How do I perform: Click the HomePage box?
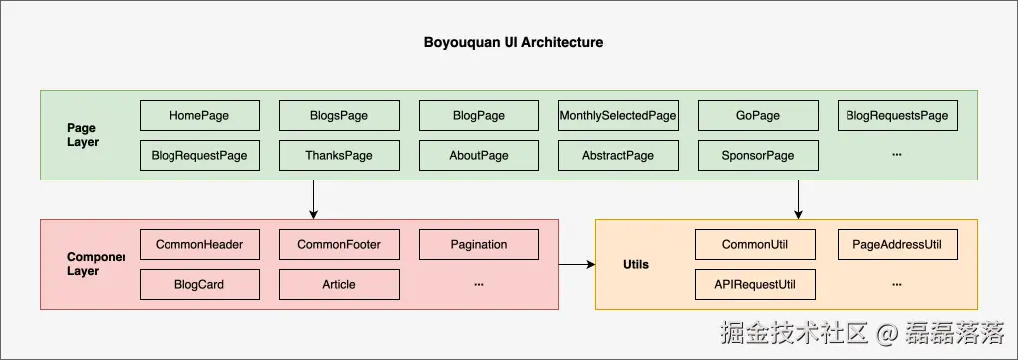[x=199, y=116]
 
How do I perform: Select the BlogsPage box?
[x=339, y=116]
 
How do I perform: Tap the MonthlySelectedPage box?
[x=618, y=116]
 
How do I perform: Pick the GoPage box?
[x=758, y=116]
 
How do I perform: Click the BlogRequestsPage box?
[x=897, y=116]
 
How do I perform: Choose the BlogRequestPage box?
[x=199, y=156]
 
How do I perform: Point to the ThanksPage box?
[x=339, y=156]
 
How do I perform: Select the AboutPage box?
[x=479, y=156]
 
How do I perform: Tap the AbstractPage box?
[x=618, y=156]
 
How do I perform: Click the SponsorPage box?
[x=758, y=156]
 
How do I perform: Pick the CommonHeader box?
[x=199, y=244]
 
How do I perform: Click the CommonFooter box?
[x=339, y=244]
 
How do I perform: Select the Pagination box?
[x=479, y=244]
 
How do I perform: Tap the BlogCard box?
[x=199, y=284]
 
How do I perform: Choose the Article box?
[x=339, y=284]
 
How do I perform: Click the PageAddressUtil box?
[x=897, y=244]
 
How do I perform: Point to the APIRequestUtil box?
[x=755, y=284]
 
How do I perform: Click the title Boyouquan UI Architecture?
[x=513, y=43]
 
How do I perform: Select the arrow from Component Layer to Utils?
[x=576, y=265]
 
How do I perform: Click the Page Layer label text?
[x=83, y=135]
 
